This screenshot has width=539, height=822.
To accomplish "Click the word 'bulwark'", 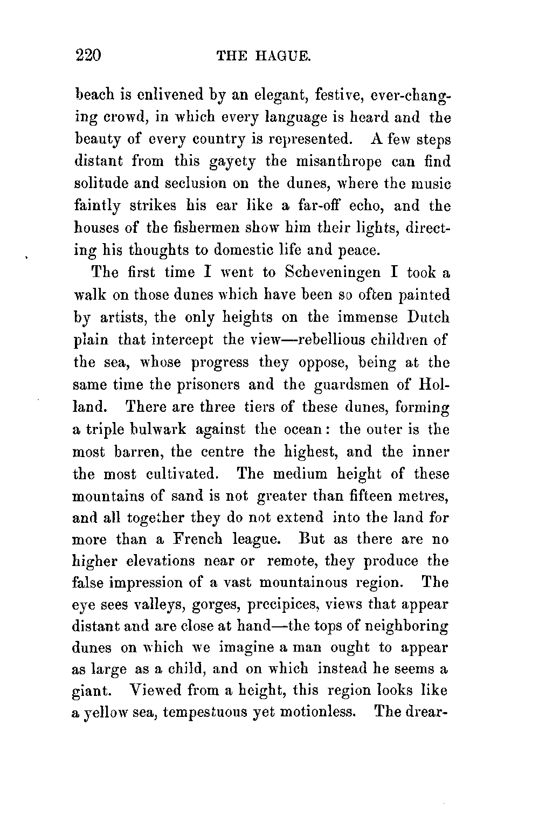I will [158, 430].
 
